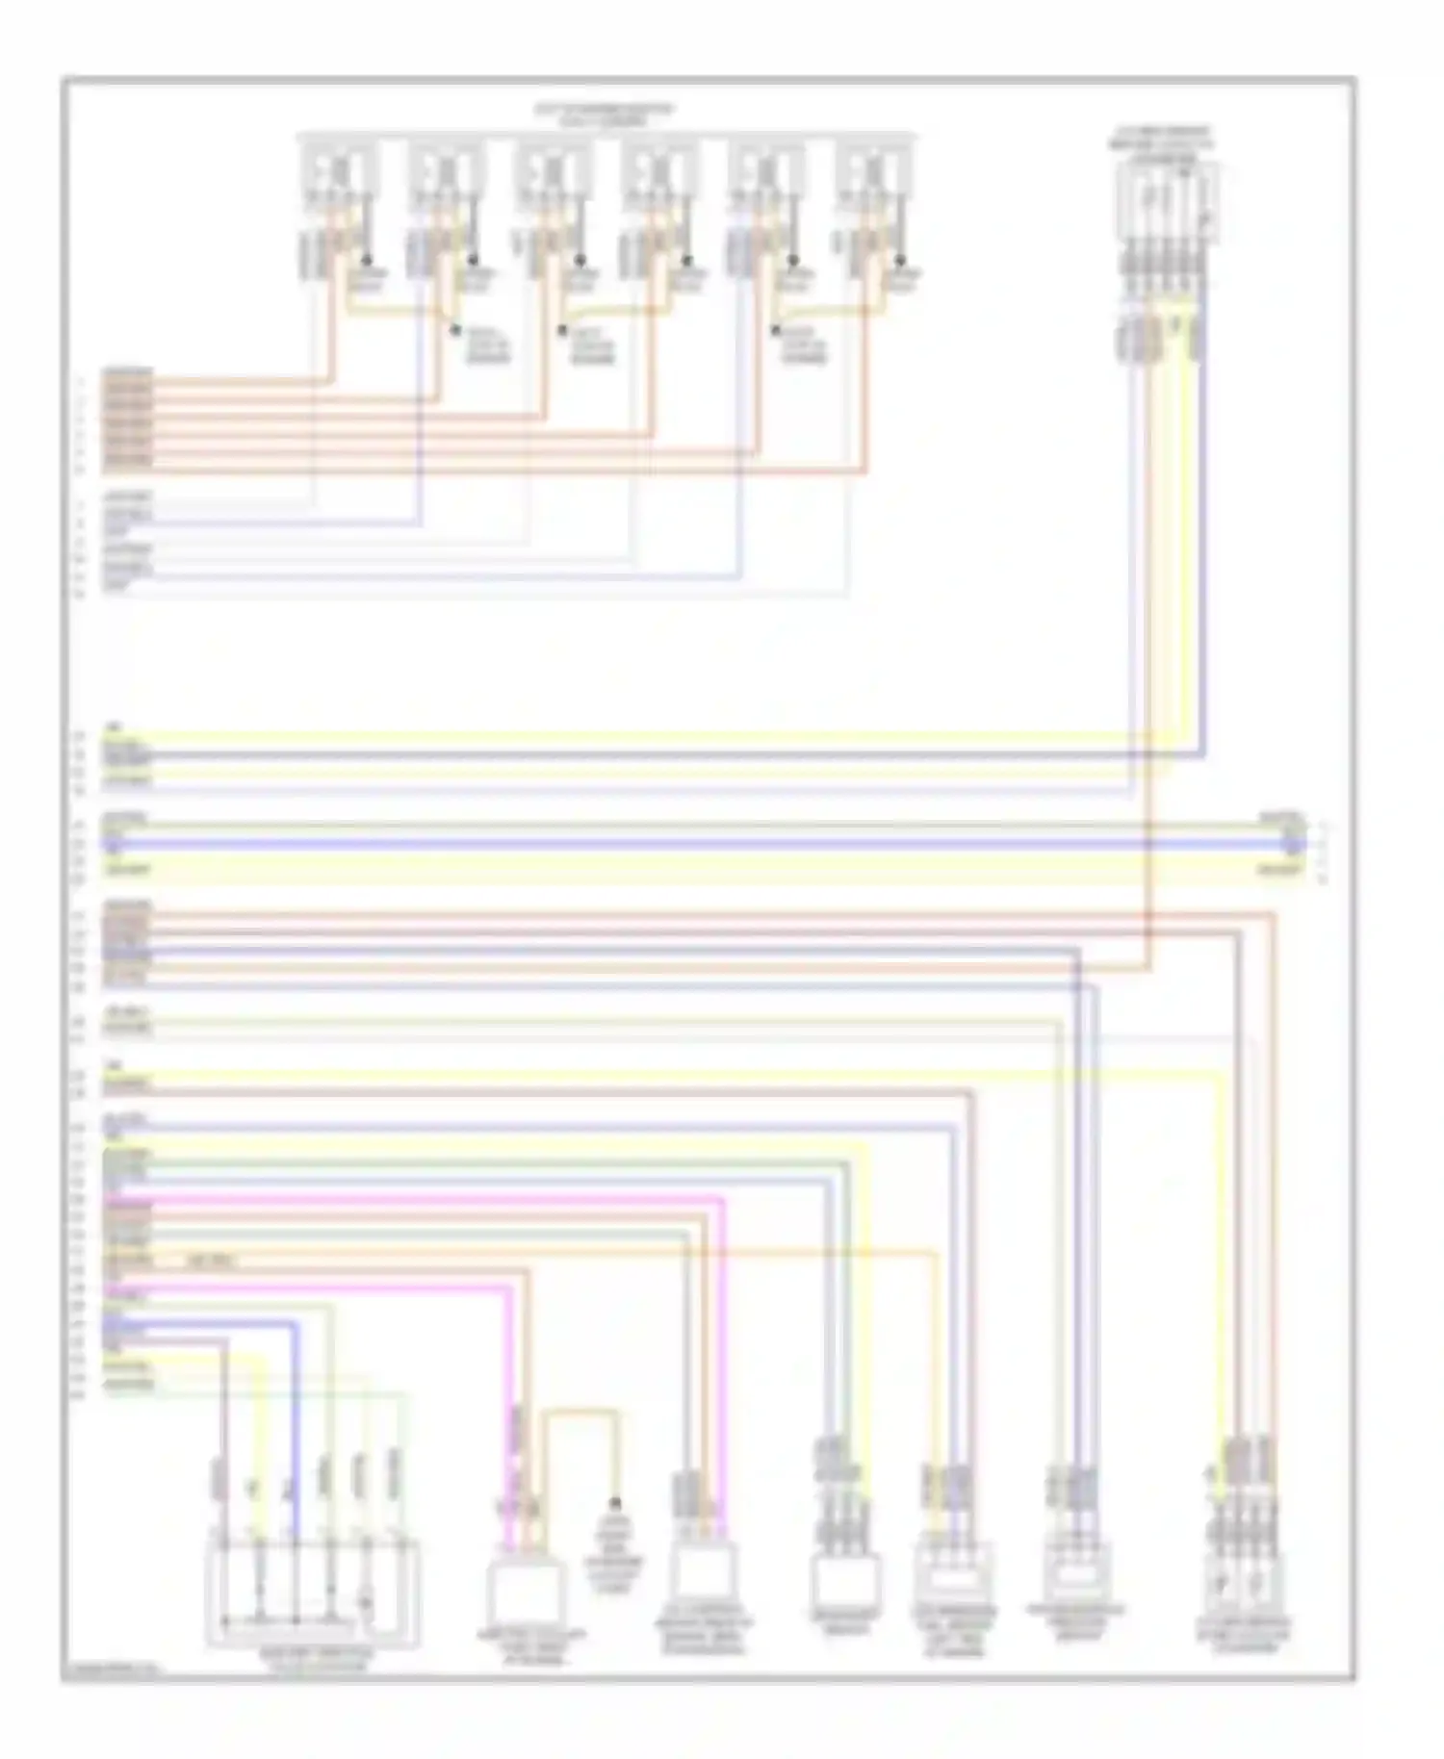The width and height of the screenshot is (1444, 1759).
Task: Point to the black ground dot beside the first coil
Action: click(367, 260)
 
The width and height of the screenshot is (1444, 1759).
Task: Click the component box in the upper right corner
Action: click(1168, 202)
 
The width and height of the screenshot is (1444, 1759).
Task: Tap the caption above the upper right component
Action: click(1161, 142)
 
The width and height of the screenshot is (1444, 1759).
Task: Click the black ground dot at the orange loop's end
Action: click(615, 1504)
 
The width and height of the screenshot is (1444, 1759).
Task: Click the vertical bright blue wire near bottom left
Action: click(296, 1424)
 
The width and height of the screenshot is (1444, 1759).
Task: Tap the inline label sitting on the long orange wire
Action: click(212, 1261)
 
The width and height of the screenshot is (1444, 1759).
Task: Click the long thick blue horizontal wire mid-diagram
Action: click(674, 844)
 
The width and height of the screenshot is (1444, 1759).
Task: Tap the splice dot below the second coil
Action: click(456, 329)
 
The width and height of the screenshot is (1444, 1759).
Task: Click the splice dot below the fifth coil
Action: click(776, 330)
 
